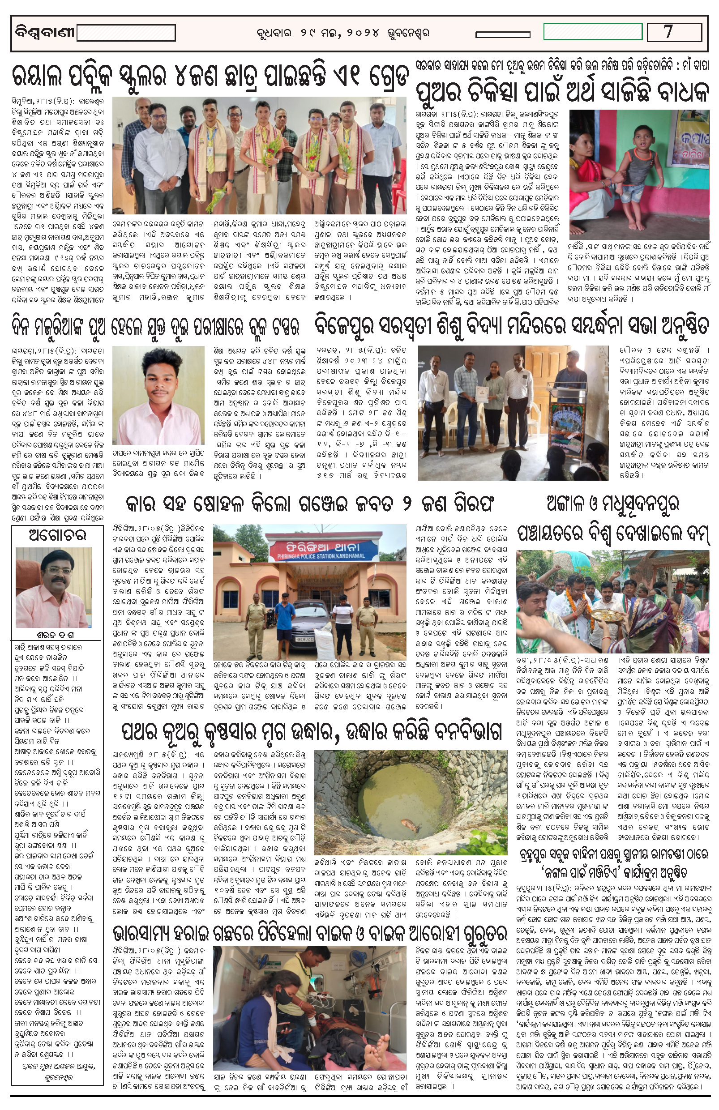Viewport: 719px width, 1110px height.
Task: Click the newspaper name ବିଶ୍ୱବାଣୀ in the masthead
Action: (x=44, y=33)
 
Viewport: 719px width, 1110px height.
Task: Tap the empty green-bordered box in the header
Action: (x=593, y=32)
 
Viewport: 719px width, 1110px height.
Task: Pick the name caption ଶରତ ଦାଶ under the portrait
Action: (x=56, y=635)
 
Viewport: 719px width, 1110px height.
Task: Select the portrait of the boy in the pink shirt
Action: (x=158, y=395)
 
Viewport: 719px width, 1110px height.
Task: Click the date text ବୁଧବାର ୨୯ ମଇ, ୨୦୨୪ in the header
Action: (x=342, y=33)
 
